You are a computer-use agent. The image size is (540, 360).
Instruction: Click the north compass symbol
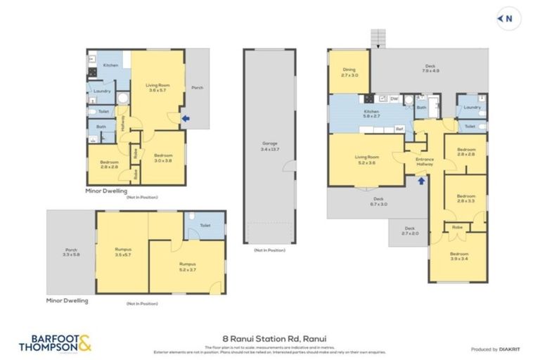point(504,19)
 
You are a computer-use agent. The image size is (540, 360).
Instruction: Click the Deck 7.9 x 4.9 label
point(430,68)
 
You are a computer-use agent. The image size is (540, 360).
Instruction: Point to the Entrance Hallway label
point(425,161)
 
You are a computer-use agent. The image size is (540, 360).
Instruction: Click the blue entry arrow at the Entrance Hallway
point(421,181)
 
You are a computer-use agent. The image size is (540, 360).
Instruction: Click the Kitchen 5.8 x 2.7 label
point(371,112)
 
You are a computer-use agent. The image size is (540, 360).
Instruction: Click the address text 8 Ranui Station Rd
point(270,337)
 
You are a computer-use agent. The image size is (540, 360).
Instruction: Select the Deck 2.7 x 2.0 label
point(408,231)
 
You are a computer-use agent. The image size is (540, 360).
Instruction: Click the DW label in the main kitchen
point(394,98)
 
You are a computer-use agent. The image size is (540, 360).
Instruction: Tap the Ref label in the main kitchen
point(399,129)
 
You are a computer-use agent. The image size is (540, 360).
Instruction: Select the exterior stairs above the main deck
point(378,38)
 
